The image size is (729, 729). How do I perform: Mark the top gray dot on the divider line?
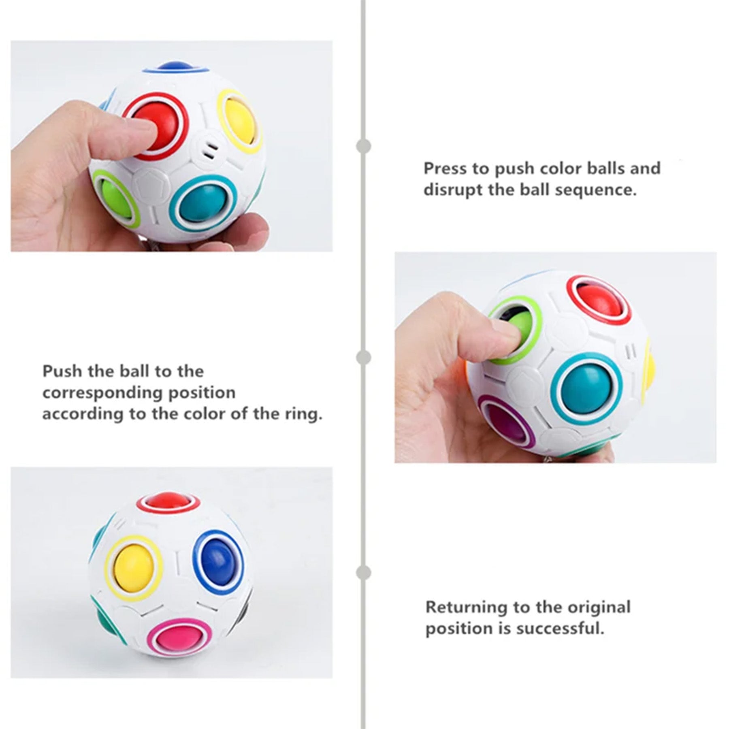tap(364, 146)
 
